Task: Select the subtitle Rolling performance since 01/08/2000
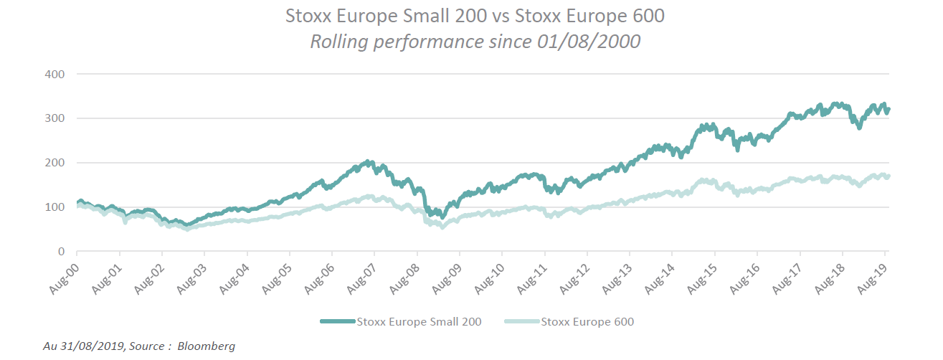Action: pos(474,42)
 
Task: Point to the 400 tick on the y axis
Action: pos(55,74)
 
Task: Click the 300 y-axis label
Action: pos(55,118)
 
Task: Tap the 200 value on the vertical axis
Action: pos(55,163)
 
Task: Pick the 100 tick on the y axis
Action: pos(55,207)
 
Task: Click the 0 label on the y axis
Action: pos(61,252)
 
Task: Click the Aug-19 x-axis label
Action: pos(873,275)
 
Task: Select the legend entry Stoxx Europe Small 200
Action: pos(419,322)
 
